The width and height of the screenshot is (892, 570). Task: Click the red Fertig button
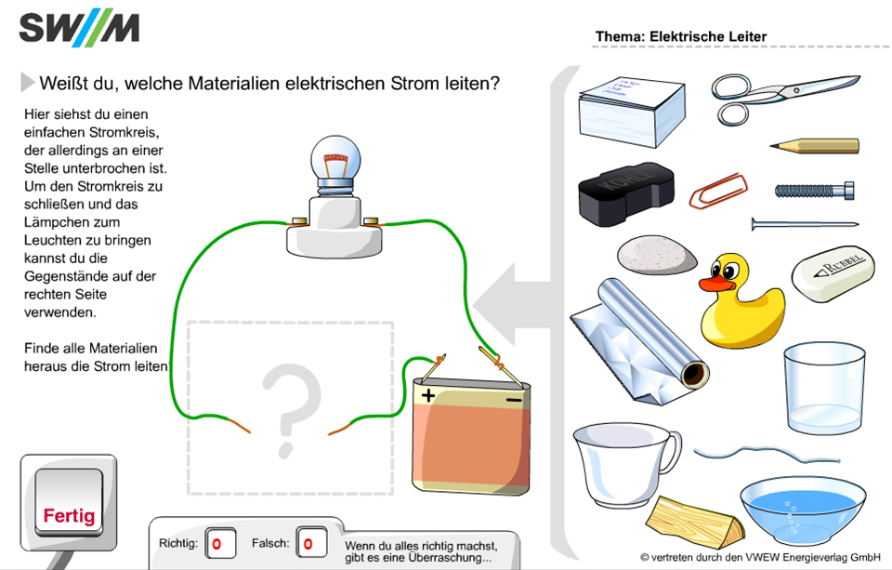[70, 514]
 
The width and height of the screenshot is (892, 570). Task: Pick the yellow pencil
[814, 146]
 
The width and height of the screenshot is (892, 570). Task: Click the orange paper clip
[718, 191]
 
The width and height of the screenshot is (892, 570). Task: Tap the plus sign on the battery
[428, 394]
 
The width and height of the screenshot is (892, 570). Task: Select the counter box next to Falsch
[313, 544]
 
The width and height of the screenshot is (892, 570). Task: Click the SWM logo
[79, 29]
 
